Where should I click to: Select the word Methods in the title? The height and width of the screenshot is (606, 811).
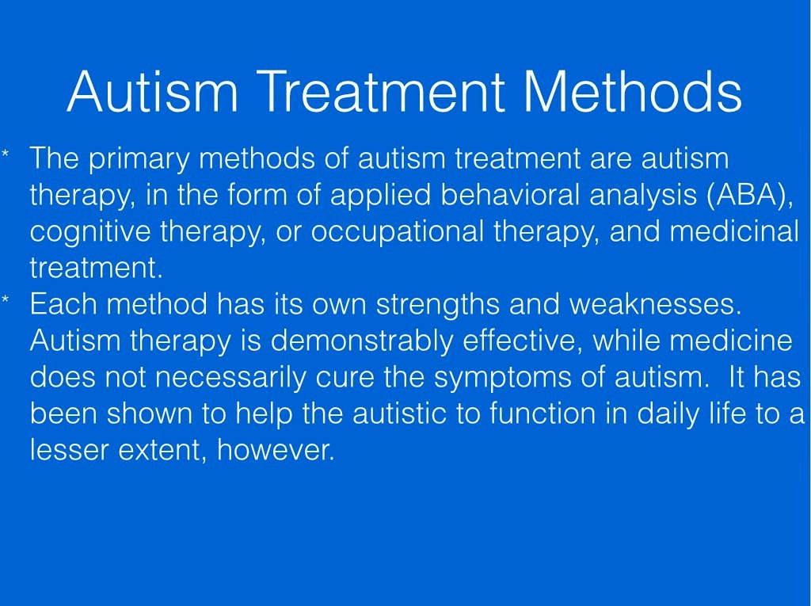coord(633,91)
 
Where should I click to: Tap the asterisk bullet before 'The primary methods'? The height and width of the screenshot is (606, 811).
coord(6,154)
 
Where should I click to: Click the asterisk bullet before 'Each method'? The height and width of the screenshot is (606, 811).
coord(6,299)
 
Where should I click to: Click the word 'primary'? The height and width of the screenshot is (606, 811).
coord(139,159)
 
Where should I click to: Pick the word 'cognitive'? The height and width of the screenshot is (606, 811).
coord(90,231)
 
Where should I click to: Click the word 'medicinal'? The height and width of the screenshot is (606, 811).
coord(734,231)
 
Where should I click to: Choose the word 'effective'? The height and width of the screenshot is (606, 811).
coord(519,341)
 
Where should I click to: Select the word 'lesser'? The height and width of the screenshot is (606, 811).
coord(70,450)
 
